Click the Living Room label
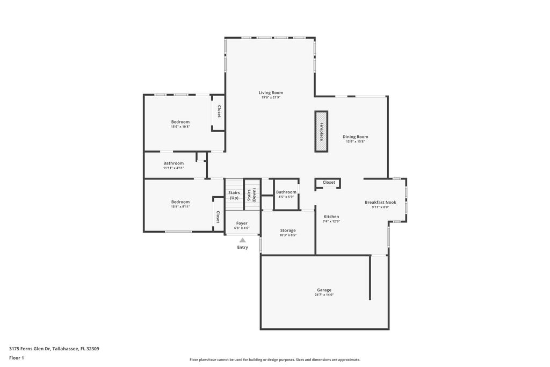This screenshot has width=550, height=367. pyautogui.click(x=271, y=92)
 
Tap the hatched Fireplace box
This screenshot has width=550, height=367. pyautogui.click(x=321, y=132)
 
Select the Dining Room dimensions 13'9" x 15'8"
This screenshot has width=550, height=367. pyautogui.click(x=356, y=142)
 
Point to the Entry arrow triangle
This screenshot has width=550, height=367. pyautogui.click(x=242, y=240)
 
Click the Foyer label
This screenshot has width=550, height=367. pyautogui.click(x=242, y=223)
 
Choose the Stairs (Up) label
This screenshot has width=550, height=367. pyautogui.click(x=234, y=195)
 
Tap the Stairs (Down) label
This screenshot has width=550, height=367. pyautogui.click(x=251, y=195)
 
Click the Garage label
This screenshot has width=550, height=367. pyautogui.click(x=324, y=290)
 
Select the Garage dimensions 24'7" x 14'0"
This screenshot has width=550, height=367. pyautogui.click(x=324, y=295)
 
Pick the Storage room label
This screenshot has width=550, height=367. pyautogui.click(x=288, y=231)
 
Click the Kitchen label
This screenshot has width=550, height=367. pyautogui.click(x=331, y=217)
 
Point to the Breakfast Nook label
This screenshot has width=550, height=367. pyautogui.click(x=381, y=202)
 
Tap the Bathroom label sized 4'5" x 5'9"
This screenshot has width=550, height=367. pyautogui.click(x=286, y=192)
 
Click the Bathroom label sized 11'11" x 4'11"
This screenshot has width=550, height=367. pyautogui.click(x=173, y=163)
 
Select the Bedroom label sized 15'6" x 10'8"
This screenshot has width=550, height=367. pyautogui.click(x=180, y=122)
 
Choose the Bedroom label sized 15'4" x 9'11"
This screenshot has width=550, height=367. pyautogui.click(x=180, y=202)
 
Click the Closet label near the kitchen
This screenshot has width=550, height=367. pyautogui.click(x=329, y=183)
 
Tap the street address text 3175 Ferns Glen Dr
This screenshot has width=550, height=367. pyautogui.click(x=30, y=349)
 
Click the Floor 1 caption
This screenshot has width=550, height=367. pyautogui.click(x=16, y=358)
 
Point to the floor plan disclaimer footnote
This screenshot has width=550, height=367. pyautogui.click(x=275, y=359)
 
